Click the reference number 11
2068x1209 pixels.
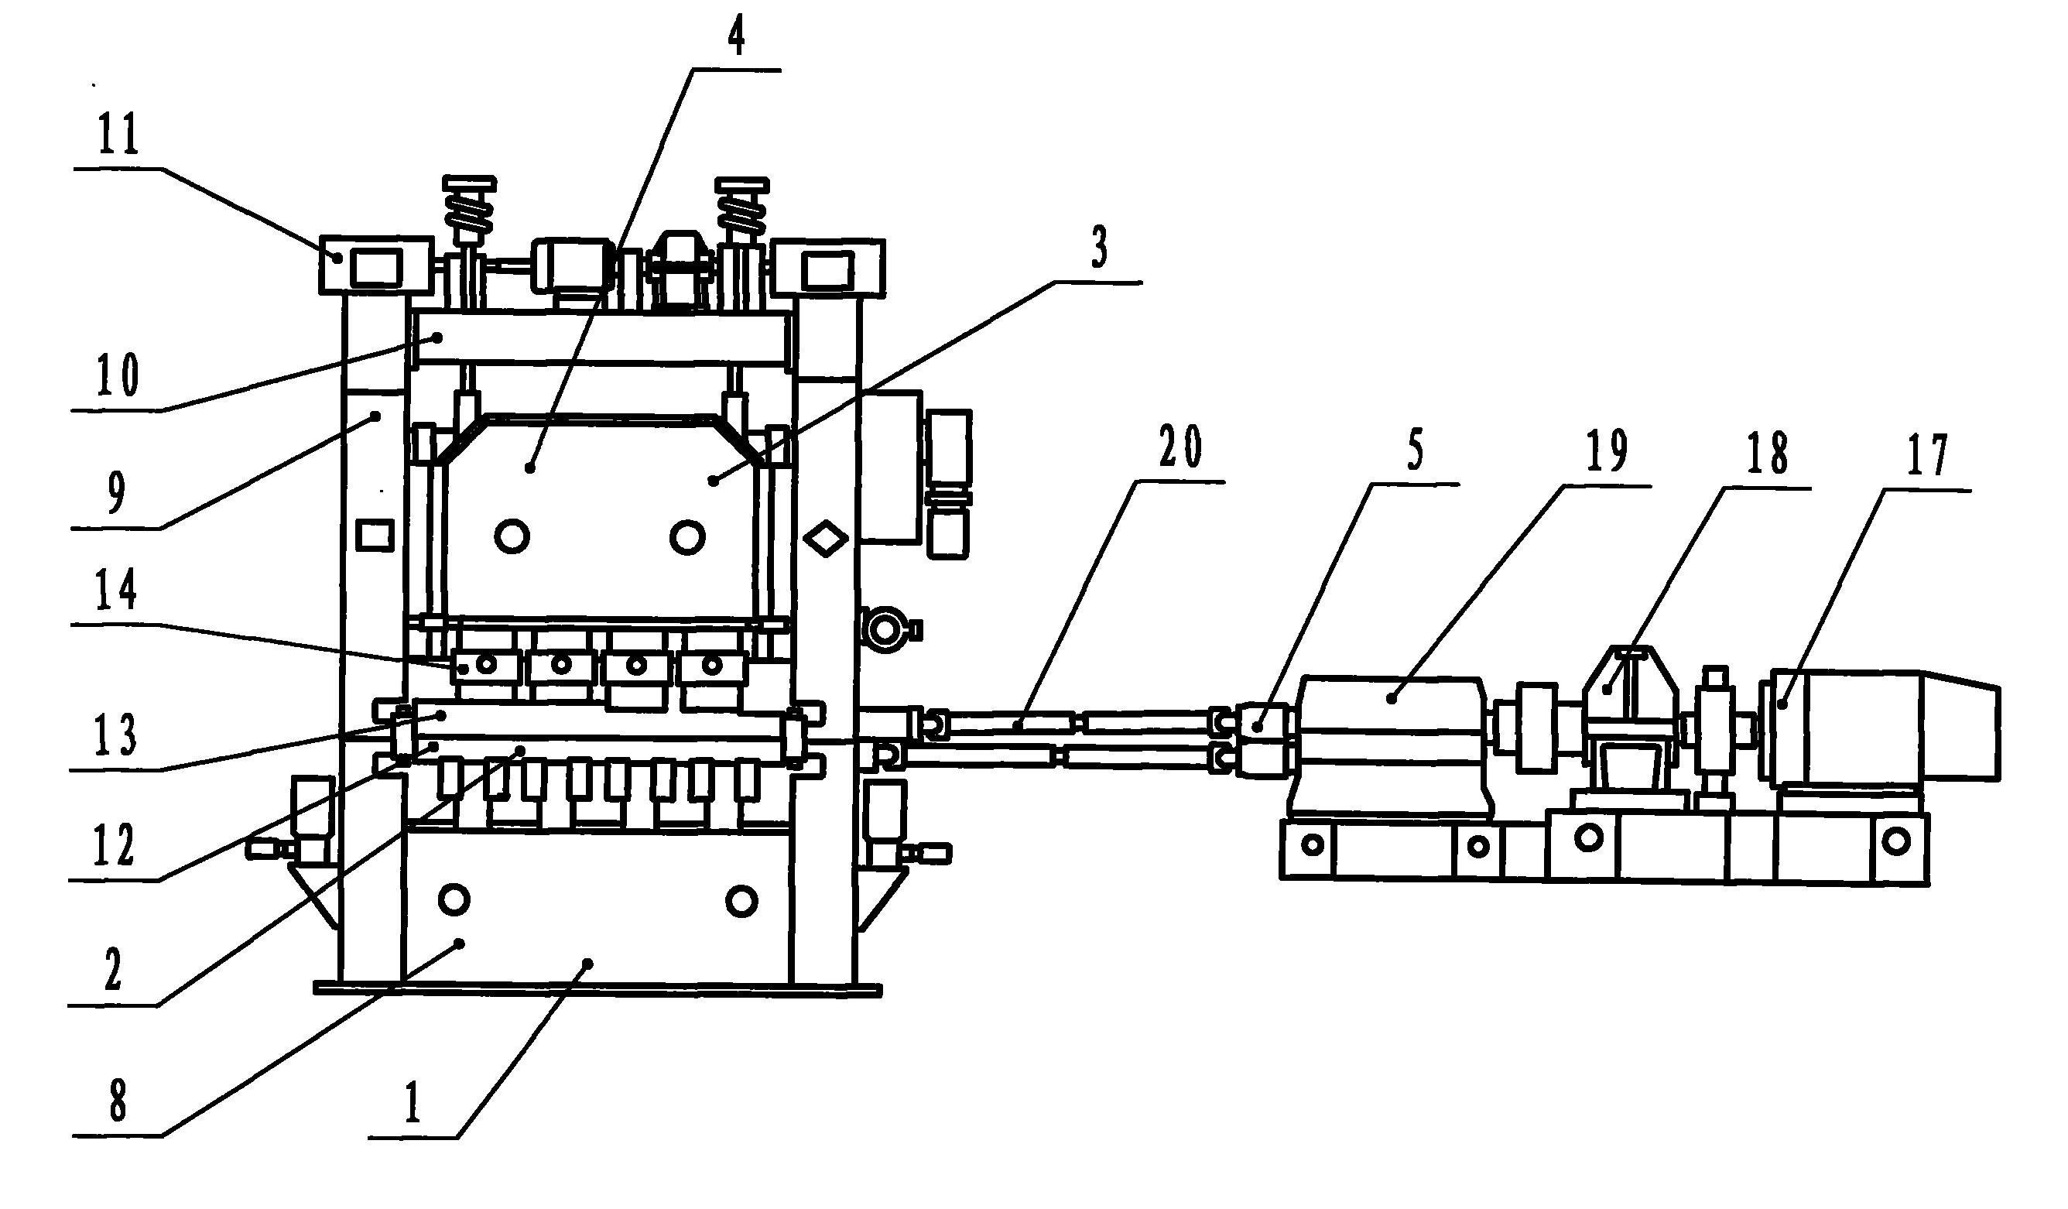(120, 136)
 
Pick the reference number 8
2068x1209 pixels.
(119, 1101)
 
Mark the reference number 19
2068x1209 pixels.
(1606, 452)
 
